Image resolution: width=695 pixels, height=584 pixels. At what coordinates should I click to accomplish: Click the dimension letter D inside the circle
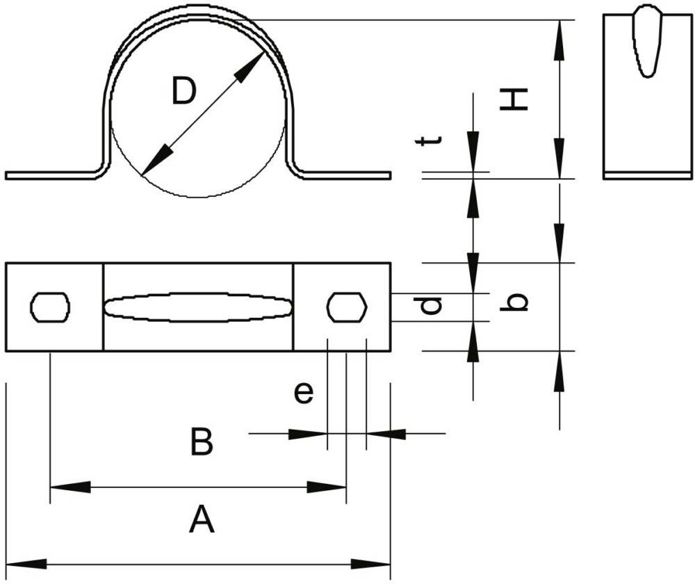[183, 91]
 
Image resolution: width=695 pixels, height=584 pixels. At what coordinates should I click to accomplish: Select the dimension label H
[514, 99]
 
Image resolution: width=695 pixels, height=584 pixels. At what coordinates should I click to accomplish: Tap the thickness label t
[428, 140]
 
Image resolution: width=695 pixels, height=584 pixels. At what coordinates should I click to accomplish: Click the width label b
[514, 302]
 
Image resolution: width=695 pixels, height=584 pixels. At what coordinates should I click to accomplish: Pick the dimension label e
[304, 393]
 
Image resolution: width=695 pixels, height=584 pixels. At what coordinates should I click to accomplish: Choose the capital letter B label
[202, 441]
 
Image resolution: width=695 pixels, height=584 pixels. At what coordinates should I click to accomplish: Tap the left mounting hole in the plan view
[50, 307]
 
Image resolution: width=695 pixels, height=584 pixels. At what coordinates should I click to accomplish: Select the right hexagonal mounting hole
[347, 307]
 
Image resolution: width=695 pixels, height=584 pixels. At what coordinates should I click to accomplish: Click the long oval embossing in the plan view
[198, 307]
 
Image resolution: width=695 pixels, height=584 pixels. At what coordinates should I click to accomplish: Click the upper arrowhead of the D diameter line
[249, 67]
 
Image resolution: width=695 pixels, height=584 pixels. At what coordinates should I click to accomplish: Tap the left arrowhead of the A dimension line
[26, 564]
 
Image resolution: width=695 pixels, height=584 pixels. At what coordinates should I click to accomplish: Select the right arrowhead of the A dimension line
[370, 564]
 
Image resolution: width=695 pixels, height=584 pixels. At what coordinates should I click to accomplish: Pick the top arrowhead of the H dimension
[559, 40]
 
